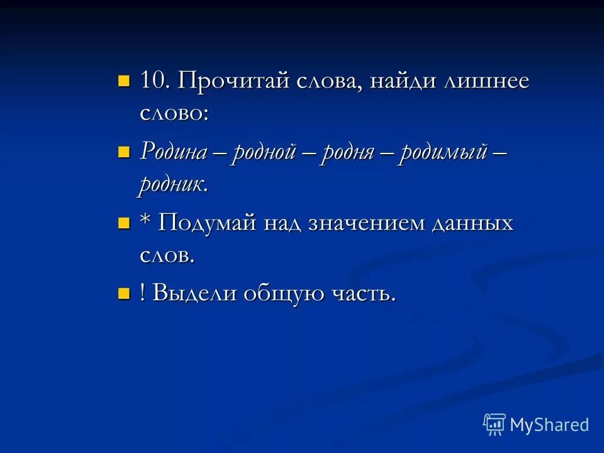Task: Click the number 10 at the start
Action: (152, 81)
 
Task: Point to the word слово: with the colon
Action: (174, 113)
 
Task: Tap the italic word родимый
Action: (442, 153)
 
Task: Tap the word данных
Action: (473, 223)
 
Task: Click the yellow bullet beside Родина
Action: (123, 151)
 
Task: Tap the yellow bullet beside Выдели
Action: (123, 293)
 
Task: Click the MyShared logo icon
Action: (495, 425)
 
